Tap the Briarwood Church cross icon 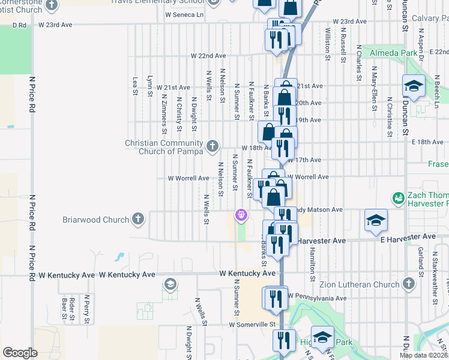[x=138, y=219]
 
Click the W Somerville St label [x=252, y=325]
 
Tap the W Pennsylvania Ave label [x=316, y=298]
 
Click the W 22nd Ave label [x=208, y=56]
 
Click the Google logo [x=20, y=353]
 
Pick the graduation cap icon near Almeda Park [x=414, y=86]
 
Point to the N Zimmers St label [x=164, y=113]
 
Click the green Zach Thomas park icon [x=397, y=197]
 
